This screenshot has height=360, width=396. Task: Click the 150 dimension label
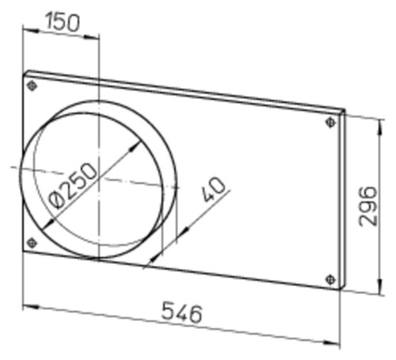(63, 22)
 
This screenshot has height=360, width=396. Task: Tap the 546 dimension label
(182, 312)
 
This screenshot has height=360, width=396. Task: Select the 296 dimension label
(367, 206)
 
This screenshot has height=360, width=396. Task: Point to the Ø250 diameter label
(73, 186)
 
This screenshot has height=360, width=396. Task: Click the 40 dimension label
(214, 189)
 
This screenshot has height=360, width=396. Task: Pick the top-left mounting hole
(32, 86)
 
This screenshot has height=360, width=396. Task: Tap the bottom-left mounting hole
(32, 243)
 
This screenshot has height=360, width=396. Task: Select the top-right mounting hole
(330, 122)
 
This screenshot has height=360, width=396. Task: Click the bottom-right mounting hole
(330, 279)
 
